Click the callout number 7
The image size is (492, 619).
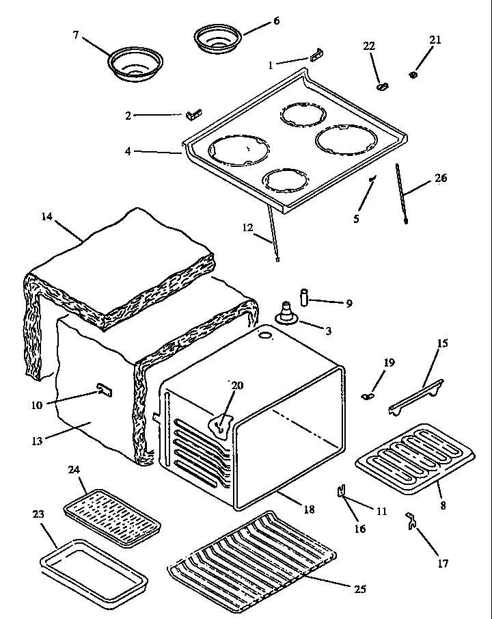click(x=77, y=34)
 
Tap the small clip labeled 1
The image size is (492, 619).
click(x=316, y=55)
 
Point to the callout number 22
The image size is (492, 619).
click(x=369, y=46)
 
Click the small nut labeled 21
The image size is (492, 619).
click(x=414, y=73)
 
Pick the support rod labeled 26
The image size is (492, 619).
click(x=402, y=195)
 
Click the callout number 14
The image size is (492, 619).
click(x=46, y=217)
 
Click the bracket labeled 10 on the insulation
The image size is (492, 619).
click(x=104, y=390)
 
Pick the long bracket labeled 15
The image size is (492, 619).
click(x=416, y=397)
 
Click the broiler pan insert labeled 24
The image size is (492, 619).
click(x=113, y=514)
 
